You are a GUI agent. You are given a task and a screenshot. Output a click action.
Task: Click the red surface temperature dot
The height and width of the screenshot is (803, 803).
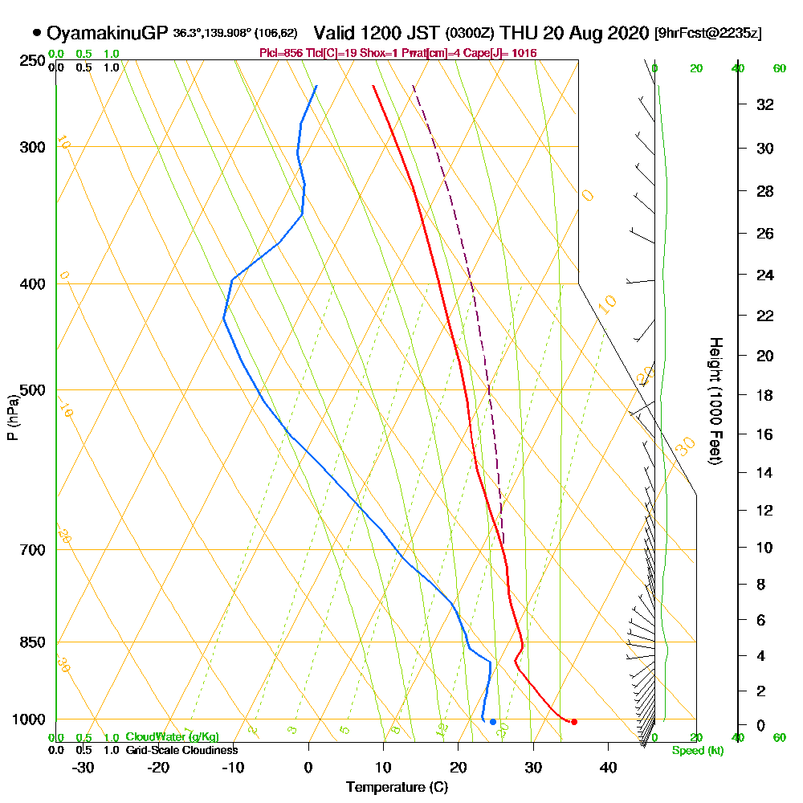573,721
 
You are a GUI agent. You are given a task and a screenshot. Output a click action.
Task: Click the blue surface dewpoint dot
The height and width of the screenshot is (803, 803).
493,721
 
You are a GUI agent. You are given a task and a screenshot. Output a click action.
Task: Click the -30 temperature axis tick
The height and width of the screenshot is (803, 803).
84,767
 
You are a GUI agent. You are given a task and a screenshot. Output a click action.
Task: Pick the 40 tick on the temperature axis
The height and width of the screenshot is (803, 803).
608,767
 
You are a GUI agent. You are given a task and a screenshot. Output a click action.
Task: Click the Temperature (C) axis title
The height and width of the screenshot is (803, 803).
397,787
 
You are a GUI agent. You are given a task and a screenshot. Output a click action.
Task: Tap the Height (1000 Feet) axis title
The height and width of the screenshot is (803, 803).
714,401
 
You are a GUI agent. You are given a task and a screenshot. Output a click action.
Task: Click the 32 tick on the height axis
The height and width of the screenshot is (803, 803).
765,104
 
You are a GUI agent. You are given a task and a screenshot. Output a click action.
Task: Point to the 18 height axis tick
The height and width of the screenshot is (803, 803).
765,395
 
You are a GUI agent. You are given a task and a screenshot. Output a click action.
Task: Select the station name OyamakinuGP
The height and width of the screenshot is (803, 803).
108,34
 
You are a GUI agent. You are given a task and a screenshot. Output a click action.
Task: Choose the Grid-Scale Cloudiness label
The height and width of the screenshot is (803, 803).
181,750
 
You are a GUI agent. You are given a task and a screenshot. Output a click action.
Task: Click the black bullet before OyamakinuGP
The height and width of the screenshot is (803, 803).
37,33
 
